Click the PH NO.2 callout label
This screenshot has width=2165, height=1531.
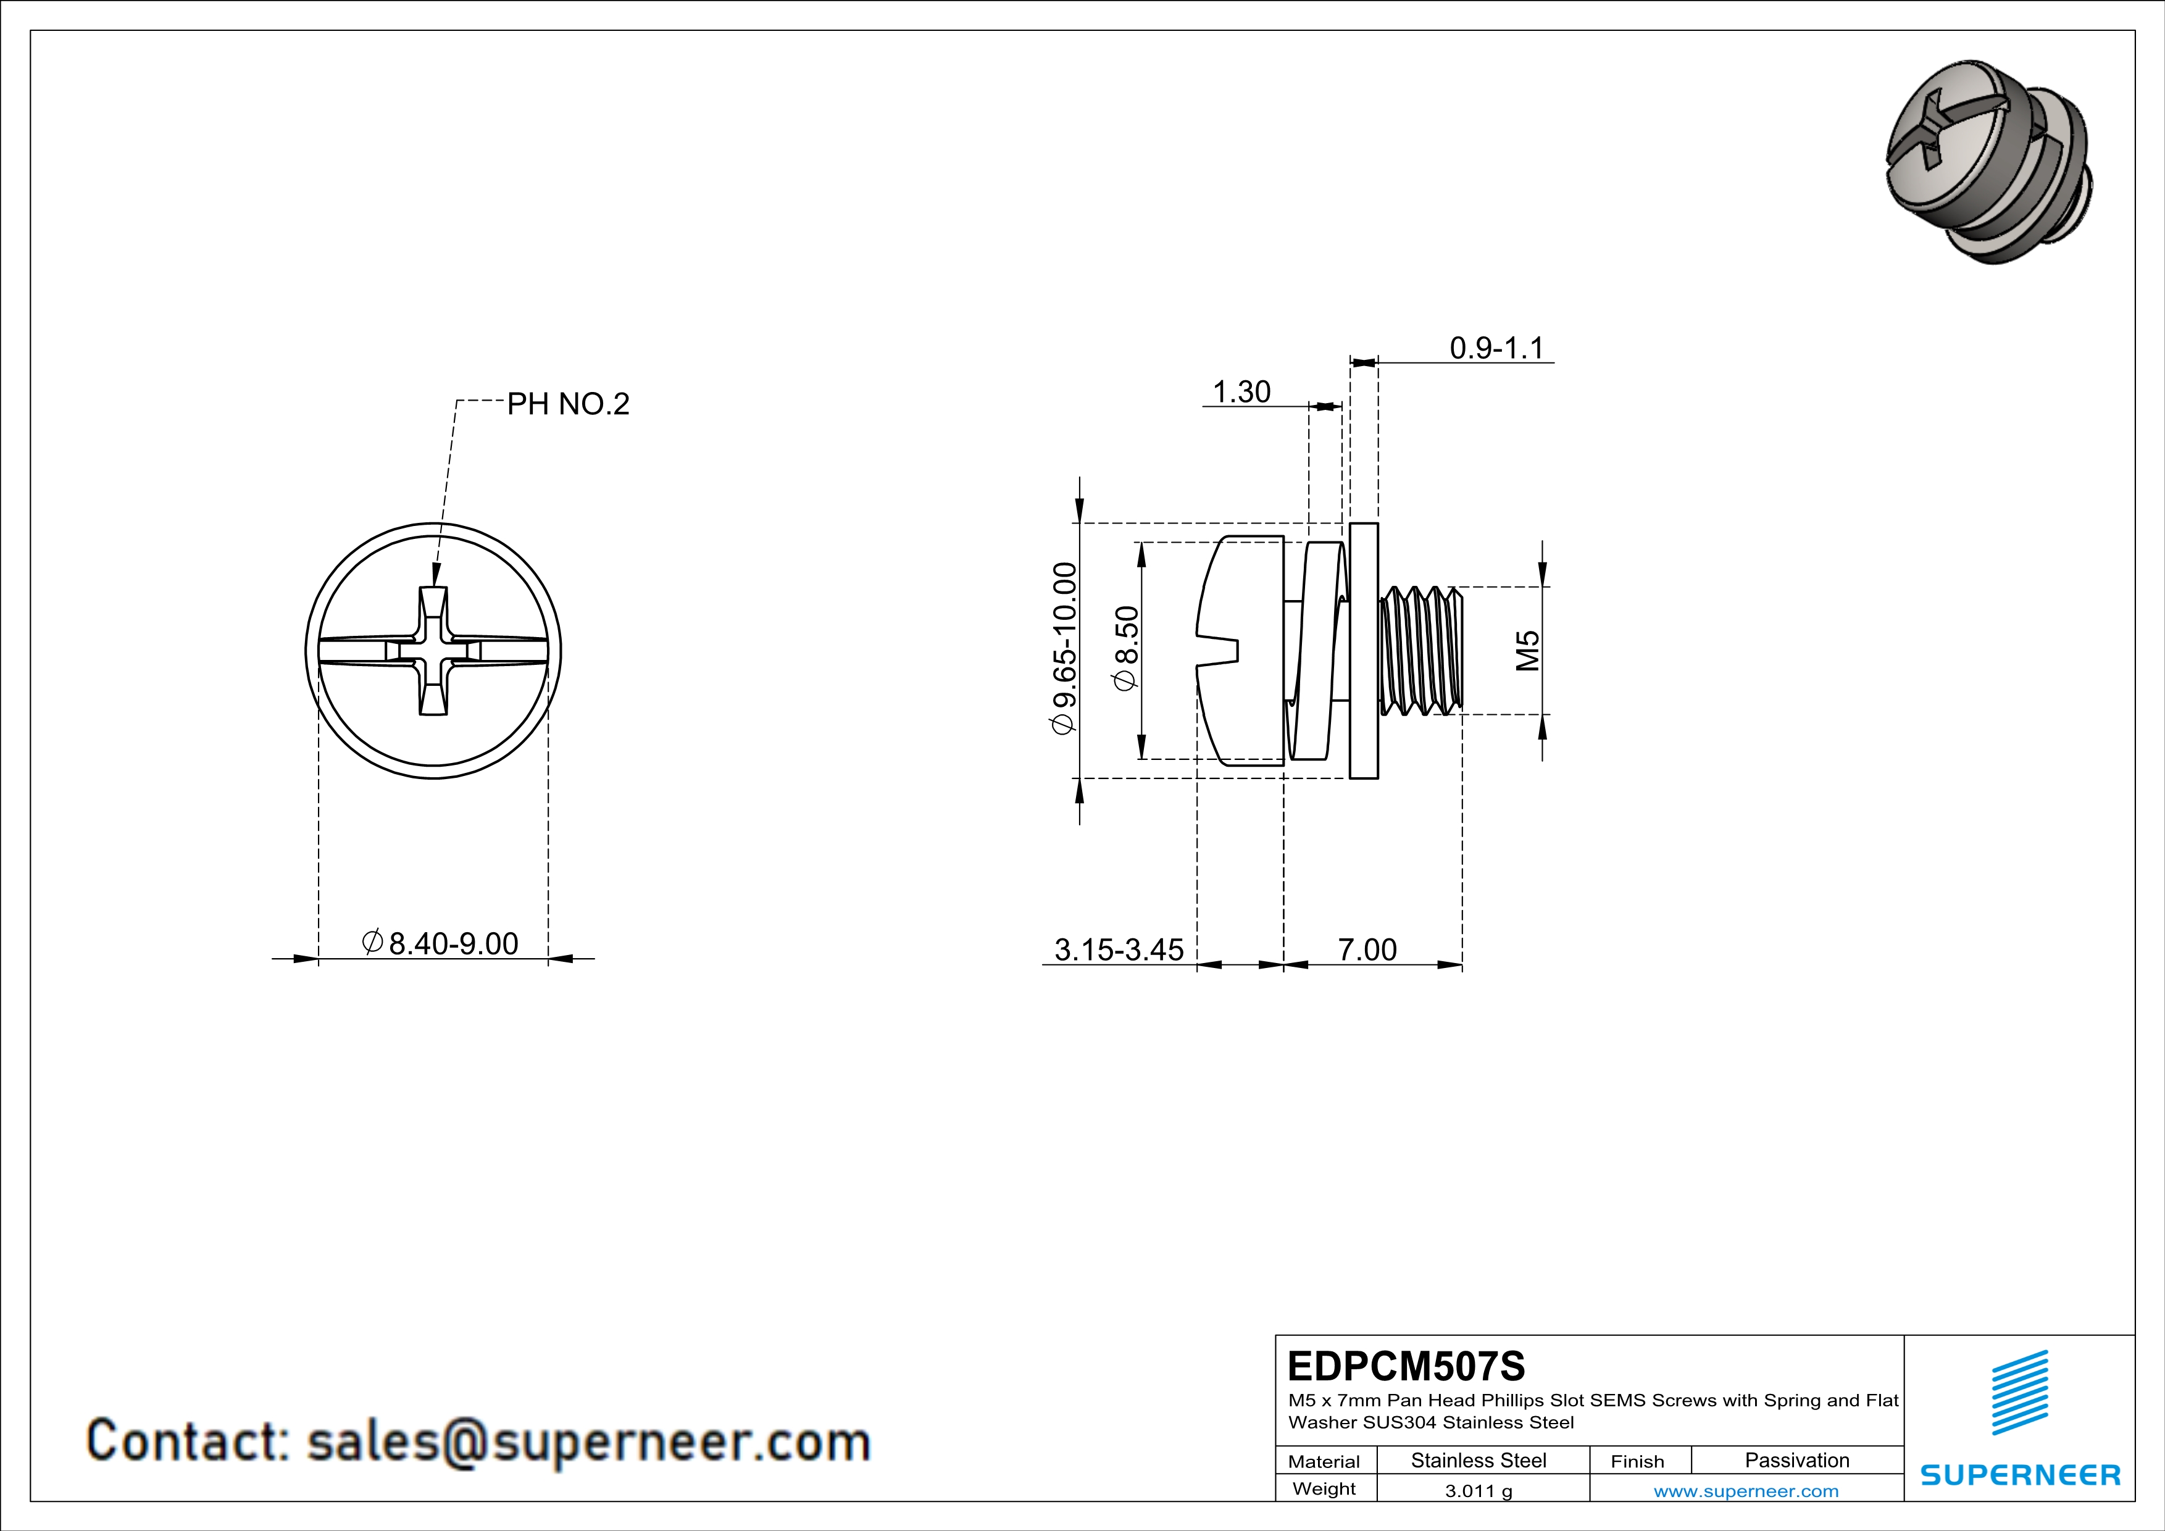pos(568,404)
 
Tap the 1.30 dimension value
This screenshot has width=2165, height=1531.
pos(1241,391)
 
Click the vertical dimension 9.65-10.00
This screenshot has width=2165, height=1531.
pos(1064,649)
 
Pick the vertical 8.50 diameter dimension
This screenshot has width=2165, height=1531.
pos(1127,649)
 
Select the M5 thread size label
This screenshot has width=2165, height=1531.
pos(1527,651)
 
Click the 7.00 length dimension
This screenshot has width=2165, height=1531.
pos(1367,949)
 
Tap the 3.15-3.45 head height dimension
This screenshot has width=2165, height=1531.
pos(1119,949)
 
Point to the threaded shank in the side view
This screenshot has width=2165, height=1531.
pos(1422,651)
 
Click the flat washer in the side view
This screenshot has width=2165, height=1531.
pos(1364,651)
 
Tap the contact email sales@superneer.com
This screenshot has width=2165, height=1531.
pos(478,1441)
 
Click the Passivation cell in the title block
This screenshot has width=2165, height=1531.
pos(1796,1460)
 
